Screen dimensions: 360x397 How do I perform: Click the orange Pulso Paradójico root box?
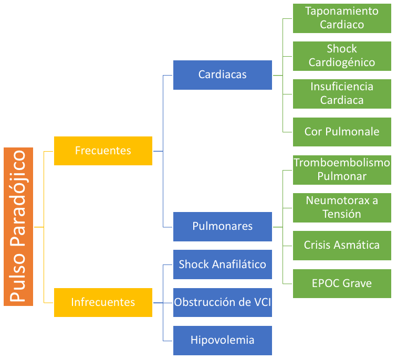click(x=18, y=227)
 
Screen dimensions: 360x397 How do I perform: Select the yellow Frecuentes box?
click(x=103, y=151)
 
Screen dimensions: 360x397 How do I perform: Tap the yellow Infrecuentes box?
click(x=103, y=302)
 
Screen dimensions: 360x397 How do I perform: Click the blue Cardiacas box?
click(x=222, y=75)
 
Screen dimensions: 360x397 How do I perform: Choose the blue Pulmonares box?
click(x=222, y=226)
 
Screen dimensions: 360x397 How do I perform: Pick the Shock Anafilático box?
click(x=222, y=264)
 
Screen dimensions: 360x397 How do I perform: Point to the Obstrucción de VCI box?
click(x=222, y=302)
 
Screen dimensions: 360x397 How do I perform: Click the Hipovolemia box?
click(x=222, y=340)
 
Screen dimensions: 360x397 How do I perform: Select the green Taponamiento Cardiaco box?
click(x=342, y=18)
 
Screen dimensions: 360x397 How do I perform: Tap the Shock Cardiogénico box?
click(x=342, y=56)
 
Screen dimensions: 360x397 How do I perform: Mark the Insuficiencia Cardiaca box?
click(x=342, y=93)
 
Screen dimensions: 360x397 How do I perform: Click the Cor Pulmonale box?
click(x=342, y=131)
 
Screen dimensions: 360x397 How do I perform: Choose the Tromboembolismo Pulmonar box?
click(x=342, y=170)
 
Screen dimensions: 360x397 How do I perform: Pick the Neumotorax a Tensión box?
click(x=342, y=207)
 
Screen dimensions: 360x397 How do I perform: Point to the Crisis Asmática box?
click(x=342, y=245)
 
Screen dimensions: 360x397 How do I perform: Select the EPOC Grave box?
click(x=342, y=283)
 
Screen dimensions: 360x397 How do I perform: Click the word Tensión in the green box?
click(x=342, y=214)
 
